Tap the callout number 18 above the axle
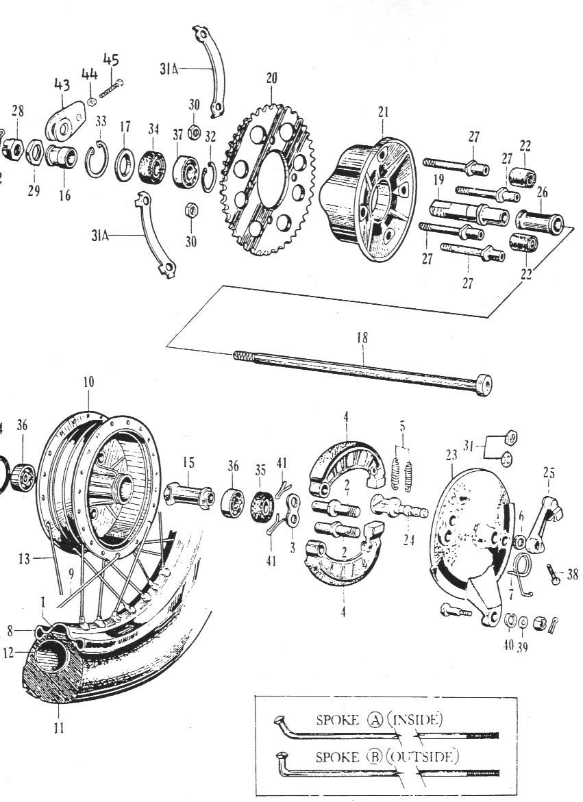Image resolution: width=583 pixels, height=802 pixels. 362,338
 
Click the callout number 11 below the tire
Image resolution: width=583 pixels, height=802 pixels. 59,727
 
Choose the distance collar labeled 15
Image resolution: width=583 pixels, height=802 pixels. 188,494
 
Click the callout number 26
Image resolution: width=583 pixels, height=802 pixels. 542,192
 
